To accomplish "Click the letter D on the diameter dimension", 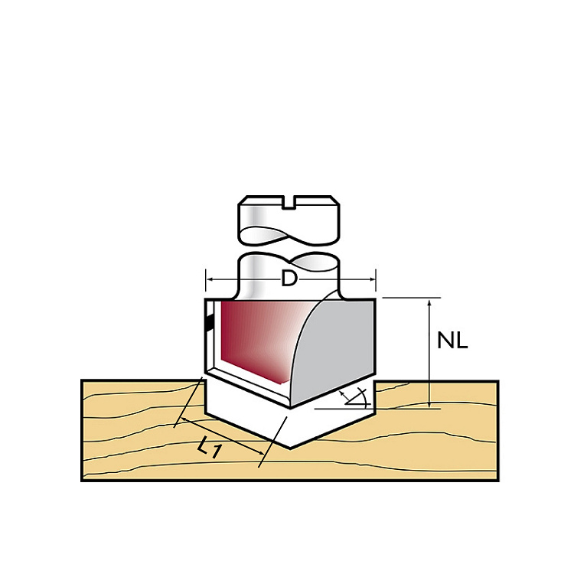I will (x=289, y=279).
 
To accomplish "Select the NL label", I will (x=452, y=341).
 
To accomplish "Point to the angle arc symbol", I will (x=354, y=396).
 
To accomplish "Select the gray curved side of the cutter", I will (x=337, y=348).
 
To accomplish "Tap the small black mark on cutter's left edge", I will (x=207, y=325).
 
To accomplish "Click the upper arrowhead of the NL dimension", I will (x=430, y=302).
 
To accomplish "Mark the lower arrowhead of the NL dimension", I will (x=430, y=403).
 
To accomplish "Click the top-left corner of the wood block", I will (x=83, y=381).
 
